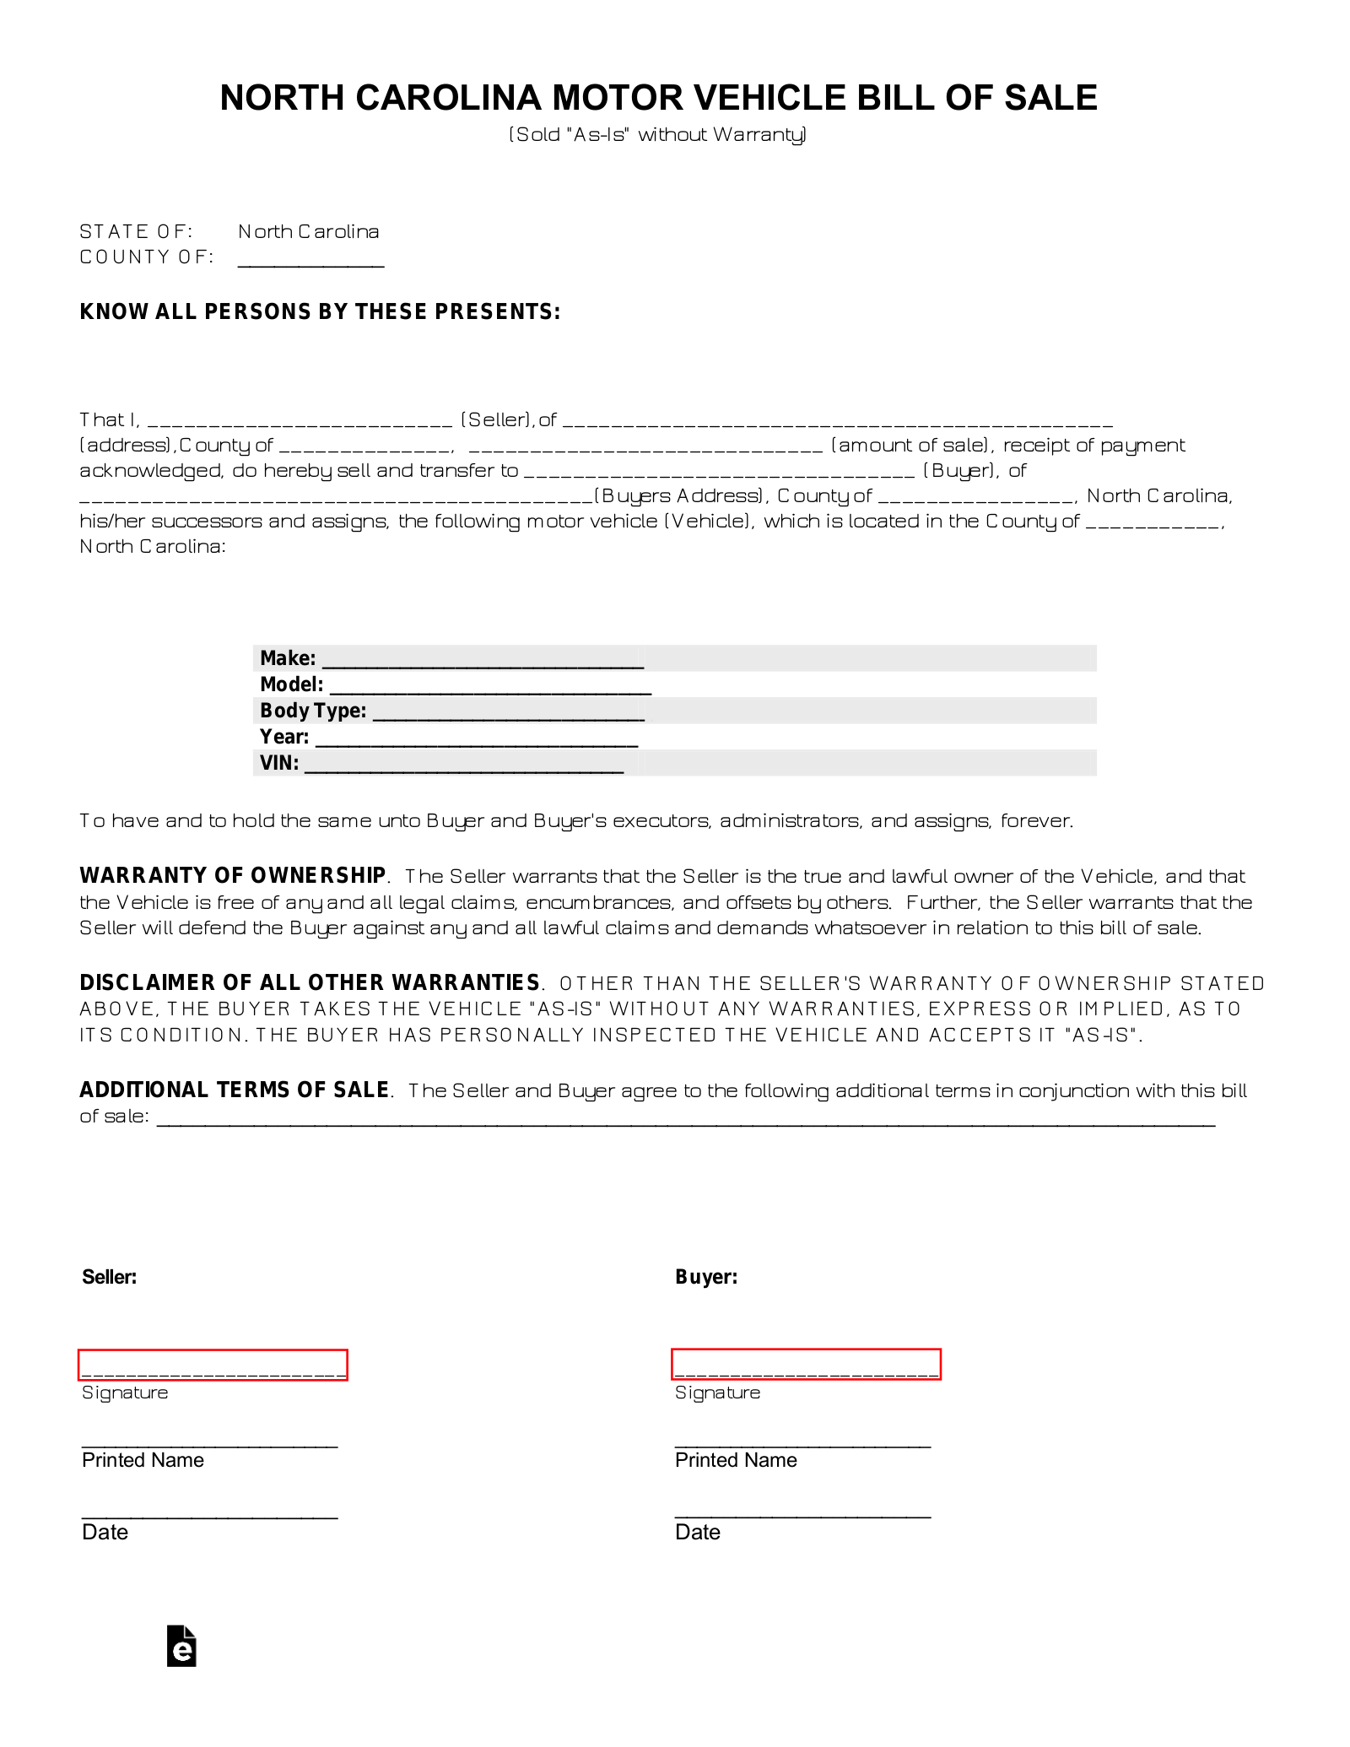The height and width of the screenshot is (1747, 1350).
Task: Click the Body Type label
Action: tap(313, 711)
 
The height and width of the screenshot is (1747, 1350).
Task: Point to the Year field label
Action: tap(284, 737)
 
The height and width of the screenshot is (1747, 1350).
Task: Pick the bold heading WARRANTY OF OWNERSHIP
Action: tap(233, 875)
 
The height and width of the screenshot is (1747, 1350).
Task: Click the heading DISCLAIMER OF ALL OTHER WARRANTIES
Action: tap(310, 982)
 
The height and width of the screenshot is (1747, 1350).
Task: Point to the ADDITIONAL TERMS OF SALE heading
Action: tap(235, 1090)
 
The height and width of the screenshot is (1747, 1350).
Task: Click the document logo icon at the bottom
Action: tap(182, 1646)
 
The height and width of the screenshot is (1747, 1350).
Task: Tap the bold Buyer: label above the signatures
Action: tap(706, 1277)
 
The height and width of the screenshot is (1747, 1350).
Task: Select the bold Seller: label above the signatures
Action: tap(110, 1277)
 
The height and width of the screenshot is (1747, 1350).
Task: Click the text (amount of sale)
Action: tap(910, 445)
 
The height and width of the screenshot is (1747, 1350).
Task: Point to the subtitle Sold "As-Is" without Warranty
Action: tap(658, 134)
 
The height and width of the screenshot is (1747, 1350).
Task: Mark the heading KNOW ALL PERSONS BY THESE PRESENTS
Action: tap(320, 311)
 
